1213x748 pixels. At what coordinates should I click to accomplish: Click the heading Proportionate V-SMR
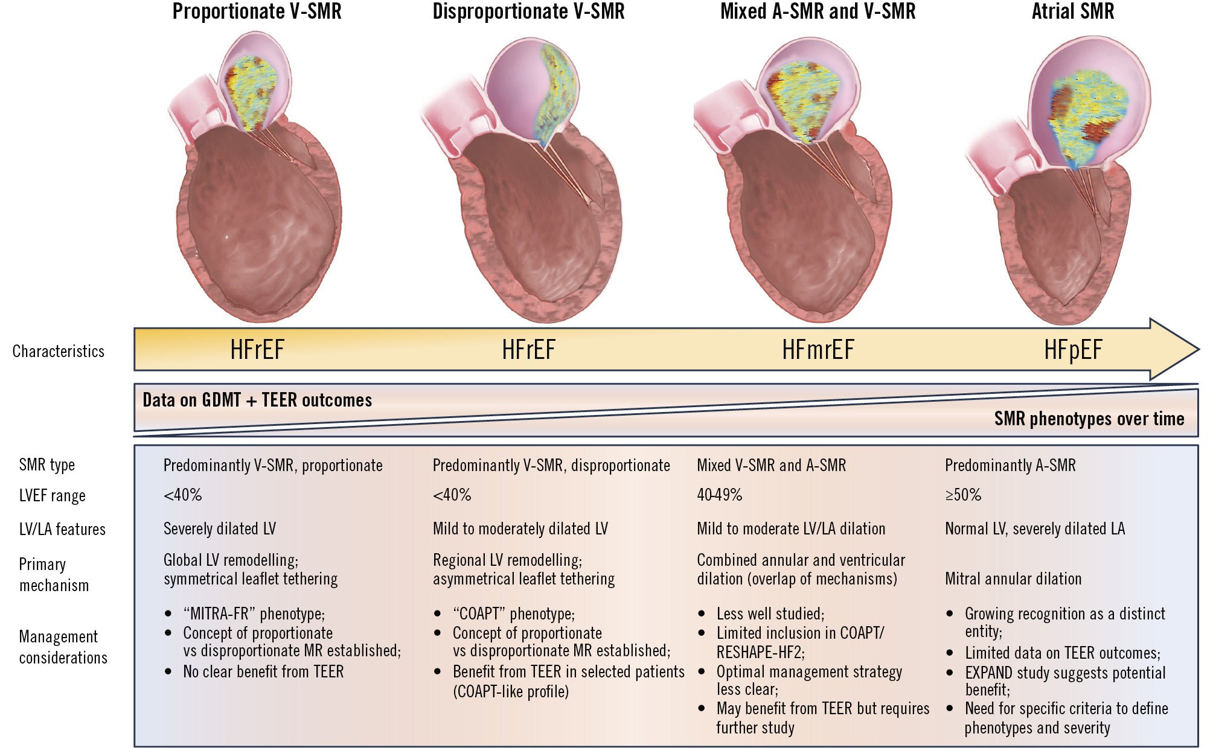click(257, 11)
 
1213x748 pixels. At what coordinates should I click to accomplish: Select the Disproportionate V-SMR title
click(528, 11)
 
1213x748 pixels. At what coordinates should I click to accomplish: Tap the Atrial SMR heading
click(1072, 11)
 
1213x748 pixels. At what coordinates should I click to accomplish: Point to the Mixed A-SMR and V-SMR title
click(818, 11)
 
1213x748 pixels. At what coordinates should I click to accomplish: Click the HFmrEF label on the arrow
click(818, 350)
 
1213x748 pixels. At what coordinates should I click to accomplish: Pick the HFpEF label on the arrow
click(1073, 350)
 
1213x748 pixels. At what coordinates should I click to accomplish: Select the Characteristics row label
click(59, 351)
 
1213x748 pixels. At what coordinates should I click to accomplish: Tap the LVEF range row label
click(53, 496)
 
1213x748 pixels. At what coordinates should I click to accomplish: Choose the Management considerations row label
click(63, 647)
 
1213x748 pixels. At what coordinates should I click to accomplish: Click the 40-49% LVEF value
click(719, 495)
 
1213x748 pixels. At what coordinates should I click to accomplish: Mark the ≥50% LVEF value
click(963, 495)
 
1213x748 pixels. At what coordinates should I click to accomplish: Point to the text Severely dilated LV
click(220, 529)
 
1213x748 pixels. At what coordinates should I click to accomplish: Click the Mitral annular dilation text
click(1013, 579)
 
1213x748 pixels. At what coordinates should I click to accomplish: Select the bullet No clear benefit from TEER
click(263, 671)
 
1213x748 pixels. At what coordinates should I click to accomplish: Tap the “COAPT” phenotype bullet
click(513, 614)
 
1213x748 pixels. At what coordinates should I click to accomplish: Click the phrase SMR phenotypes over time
click(1089, 419)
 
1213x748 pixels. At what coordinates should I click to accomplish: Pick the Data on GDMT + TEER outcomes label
click(257, 400)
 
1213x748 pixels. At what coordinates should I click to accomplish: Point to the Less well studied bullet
click(770, 614)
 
